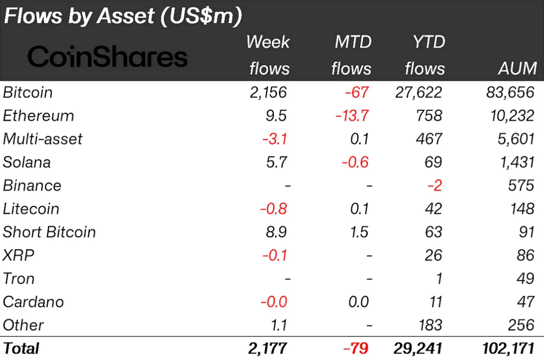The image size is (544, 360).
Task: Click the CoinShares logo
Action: pos(107,57)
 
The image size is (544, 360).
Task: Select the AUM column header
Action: pos(517,68)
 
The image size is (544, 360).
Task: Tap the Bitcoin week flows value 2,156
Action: pos(268,93)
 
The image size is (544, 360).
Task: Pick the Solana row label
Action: pos(27,162)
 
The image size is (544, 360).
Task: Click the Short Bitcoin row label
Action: pos(49,232)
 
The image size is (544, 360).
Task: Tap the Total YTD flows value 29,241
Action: pos(418,348)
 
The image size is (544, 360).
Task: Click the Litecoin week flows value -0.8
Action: pos(274,209)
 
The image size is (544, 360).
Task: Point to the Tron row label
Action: pos(19,278)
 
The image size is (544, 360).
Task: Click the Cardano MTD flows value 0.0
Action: pos(358,302)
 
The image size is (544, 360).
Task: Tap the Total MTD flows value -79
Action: pos(356,348)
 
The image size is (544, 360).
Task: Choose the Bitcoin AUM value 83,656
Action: pos(510,93)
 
